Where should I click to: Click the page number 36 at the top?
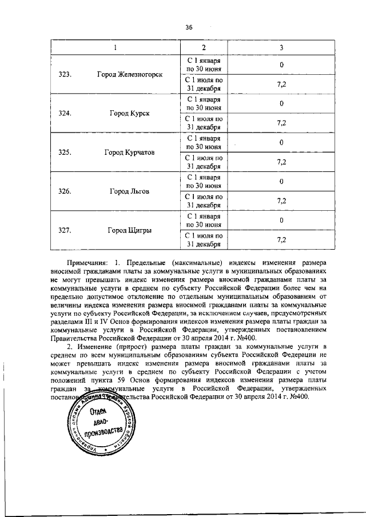pos(189,27)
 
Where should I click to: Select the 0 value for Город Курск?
pos(281,103)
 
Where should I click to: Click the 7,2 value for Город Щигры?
pos(281,241)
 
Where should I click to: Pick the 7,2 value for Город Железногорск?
pos(281,84)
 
